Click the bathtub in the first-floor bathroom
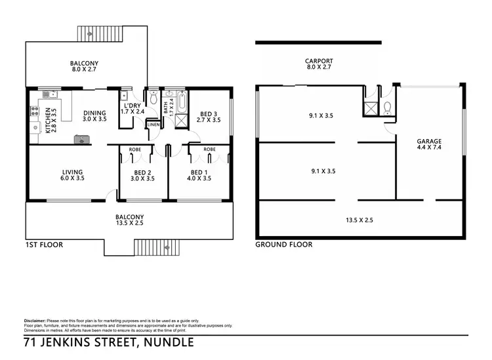pos(182,103)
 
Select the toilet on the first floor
pos(153,100)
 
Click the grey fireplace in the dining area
pos(81,138)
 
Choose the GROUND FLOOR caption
pos(283,245)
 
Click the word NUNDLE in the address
pos(170,342)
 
